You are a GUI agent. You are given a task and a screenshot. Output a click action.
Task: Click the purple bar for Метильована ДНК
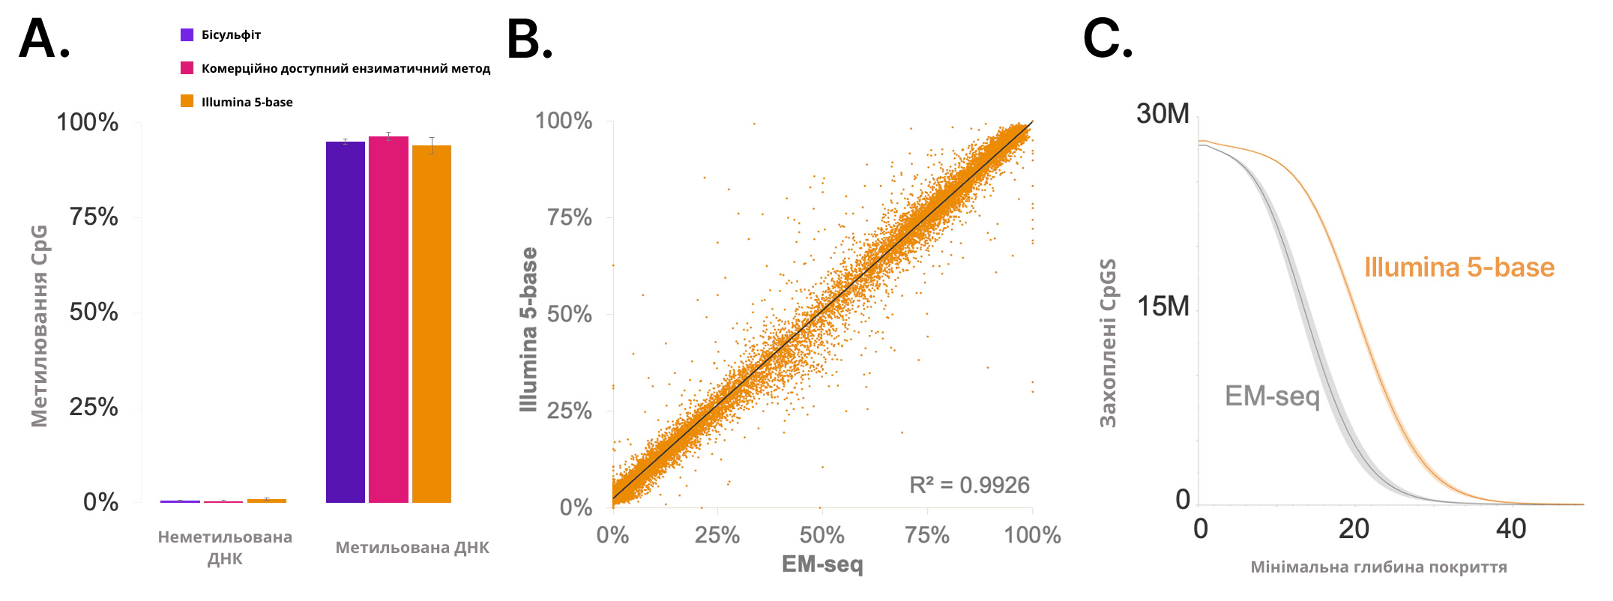[346, 322]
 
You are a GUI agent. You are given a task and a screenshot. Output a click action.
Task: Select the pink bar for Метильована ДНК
[388, 320]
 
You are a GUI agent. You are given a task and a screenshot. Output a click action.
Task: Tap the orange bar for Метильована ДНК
[432, 324]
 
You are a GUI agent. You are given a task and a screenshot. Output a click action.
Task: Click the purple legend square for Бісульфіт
[187, 35]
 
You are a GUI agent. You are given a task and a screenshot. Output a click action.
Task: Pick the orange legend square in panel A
[187, 102]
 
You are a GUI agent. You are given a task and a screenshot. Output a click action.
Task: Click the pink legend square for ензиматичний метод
[187, 68]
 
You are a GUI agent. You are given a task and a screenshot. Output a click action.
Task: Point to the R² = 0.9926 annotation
[969, 486]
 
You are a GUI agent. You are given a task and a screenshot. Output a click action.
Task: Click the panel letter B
[529, 39]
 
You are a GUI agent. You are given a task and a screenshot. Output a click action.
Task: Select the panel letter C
[1107, 39]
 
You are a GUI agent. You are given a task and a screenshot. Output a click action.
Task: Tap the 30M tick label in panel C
[1163, 114]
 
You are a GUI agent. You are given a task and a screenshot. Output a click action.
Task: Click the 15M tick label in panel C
[1163, 306]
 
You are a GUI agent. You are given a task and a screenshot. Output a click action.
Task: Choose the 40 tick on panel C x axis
[1511, 529]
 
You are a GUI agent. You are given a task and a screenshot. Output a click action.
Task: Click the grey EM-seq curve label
[1272, 396]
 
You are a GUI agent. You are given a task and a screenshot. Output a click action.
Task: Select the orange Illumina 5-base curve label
[1459, 268]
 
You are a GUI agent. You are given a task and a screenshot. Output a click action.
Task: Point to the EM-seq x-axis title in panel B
[822, 564]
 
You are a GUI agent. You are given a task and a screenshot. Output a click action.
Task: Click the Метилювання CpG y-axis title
[39, 326]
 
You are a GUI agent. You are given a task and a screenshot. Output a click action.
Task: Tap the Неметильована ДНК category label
[225, 548]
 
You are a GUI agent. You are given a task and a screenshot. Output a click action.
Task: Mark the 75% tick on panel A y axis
[94, 217]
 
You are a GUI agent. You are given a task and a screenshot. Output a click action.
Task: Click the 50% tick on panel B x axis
[822, 536]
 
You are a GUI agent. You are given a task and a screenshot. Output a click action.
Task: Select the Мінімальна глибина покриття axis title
[1378, 567]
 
